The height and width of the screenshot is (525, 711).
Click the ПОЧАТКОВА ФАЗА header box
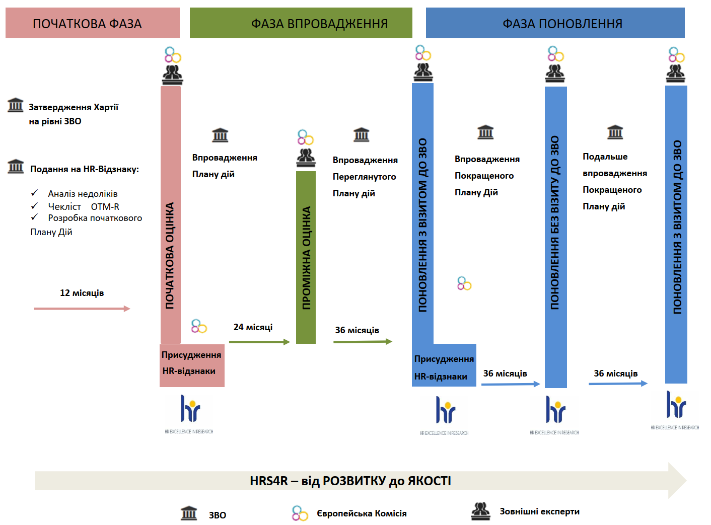coord(93,23)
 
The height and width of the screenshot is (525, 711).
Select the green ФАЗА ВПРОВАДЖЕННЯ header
coord(301,23)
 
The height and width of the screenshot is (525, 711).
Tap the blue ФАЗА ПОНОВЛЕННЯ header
coord(555,23)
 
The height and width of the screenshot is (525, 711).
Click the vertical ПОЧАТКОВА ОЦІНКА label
coord(170,255)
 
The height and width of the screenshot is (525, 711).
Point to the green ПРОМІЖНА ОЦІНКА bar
coord(306,257)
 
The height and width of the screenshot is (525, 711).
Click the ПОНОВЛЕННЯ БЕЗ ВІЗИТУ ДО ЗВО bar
coord(555,237)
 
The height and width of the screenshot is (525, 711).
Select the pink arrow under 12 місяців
coord(82,309)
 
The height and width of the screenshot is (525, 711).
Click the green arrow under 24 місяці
coord(259,342)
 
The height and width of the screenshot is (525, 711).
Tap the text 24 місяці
coord(253,327)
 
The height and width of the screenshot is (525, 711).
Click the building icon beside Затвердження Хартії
coord(16,105)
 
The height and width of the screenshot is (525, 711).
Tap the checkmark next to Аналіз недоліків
coord(34,193)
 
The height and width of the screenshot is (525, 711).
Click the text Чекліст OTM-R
coord(84,206)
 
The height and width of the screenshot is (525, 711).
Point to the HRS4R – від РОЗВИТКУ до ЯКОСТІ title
coord(350,481)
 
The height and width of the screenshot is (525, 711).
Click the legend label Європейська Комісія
coord(362,513)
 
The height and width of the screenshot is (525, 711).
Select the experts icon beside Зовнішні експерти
coord(481,511)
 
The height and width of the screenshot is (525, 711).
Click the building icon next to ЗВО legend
coord(189,513)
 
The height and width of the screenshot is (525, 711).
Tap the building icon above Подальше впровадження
coord(615,132)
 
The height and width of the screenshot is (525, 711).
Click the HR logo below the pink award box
coord(189,411)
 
